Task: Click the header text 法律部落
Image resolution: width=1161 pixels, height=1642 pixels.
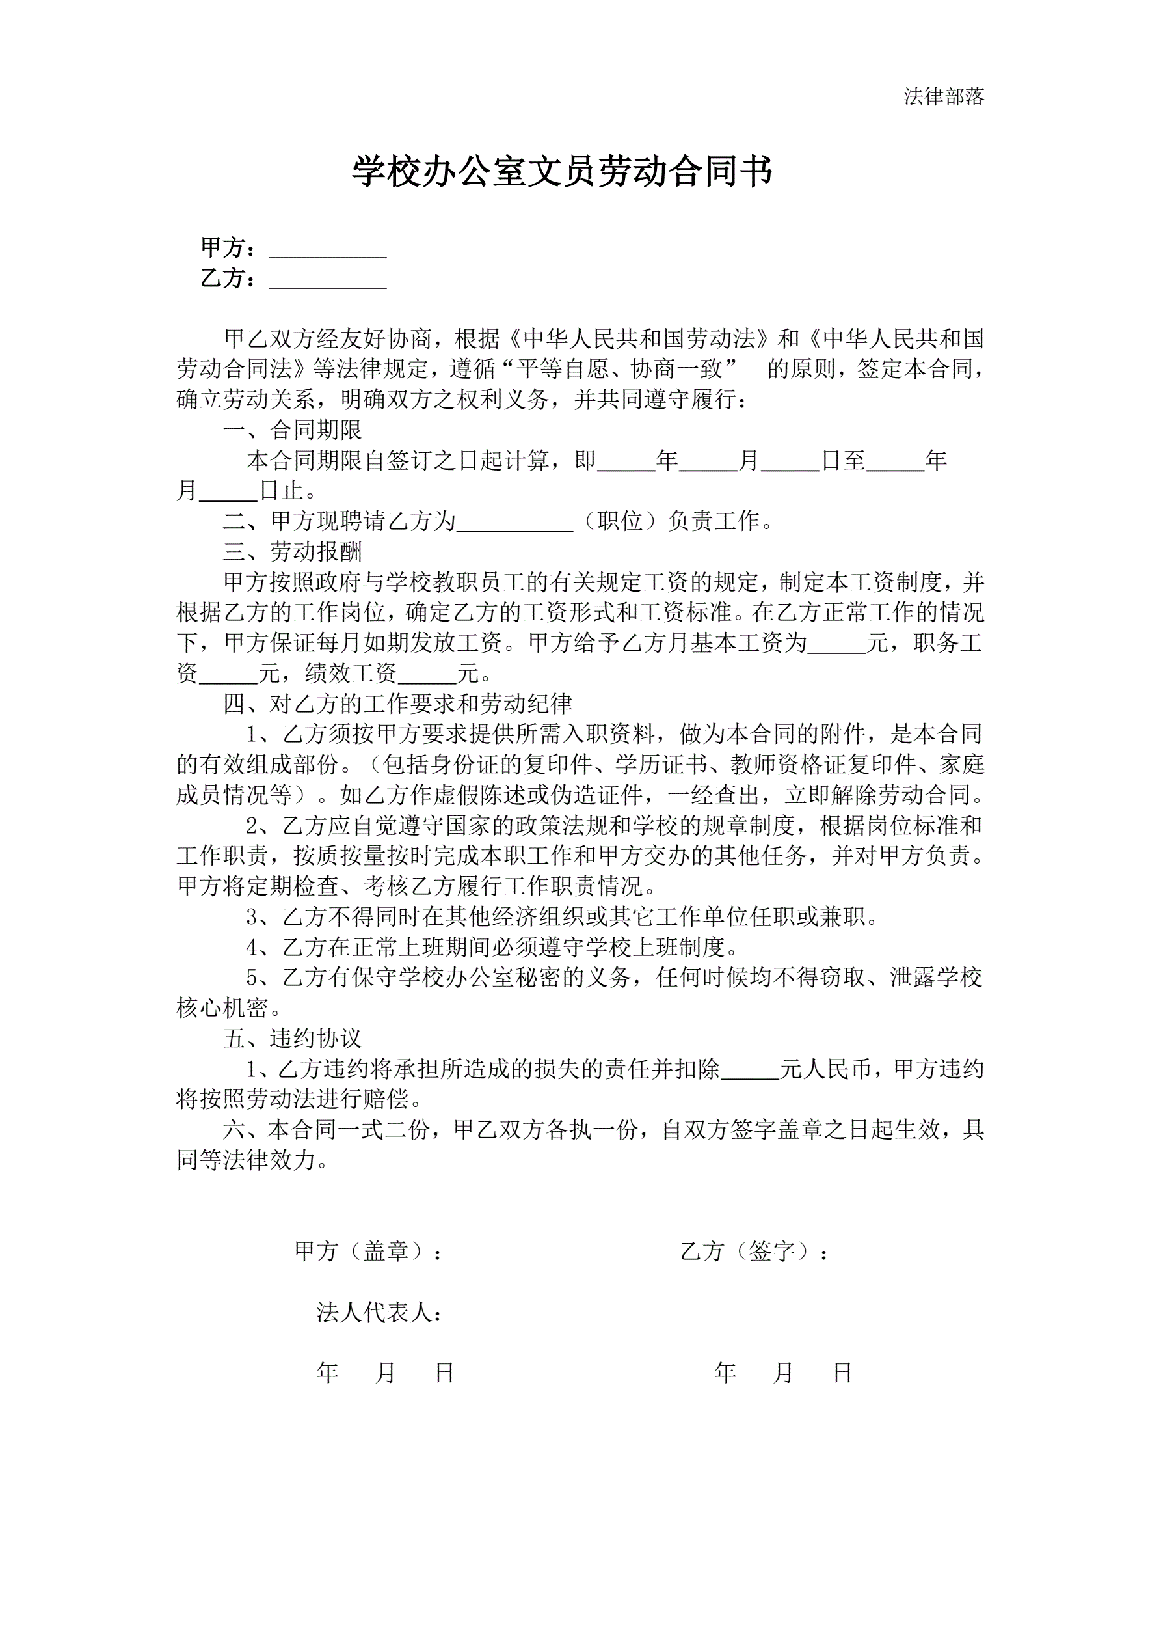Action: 943,96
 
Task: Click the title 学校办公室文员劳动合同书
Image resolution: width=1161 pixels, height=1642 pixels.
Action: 562,172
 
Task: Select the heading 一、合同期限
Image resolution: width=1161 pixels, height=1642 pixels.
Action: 293,430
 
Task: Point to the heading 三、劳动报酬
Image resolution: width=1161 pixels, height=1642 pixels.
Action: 293,551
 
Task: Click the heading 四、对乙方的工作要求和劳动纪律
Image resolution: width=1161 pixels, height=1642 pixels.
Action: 397,704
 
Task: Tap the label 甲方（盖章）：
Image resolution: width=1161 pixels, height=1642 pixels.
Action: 368,1251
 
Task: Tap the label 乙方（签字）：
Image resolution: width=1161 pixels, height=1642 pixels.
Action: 754,1251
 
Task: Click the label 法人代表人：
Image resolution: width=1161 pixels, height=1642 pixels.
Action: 379,1311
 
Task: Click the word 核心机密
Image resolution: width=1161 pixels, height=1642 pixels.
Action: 222,1007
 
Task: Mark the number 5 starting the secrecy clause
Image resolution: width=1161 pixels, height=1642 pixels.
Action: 252,978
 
